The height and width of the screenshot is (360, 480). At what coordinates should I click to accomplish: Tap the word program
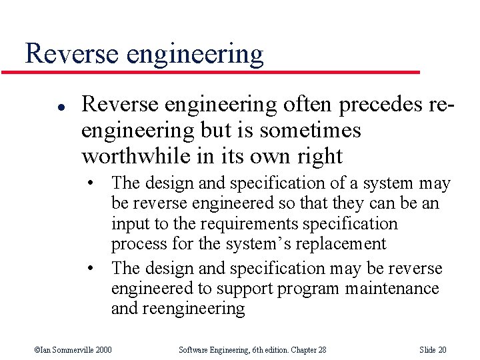(309, 289)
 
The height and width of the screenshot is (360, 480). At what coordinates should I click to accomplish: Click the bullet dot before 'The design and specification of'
(97, 183)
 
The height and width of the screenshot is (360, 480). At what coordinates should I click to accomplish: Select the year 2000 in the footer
(103, 350)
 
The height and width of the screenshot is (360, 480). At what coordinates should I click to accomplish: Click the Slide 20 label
(433, 350)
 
